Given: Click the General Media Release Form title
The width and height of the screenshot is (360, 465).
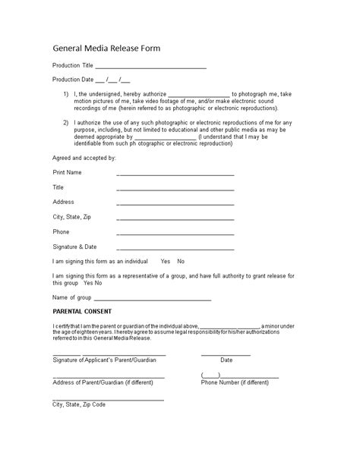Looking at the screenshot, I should coord(106,48).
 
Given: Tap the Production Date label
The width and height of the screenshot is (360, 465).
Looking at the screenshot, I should coord(73,79).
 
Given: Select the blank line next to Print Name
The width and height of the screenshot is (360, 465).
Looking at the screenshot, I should coord(175,174).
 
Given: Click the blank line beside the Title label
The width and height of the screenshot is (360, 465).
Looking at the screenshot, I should coord(175,189).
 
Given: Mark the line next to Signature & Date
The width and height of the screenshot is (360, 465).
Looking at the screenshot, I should coord(175,248).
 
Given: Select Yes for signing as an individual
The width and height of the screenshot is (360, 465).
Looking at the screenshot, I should coord(166,261).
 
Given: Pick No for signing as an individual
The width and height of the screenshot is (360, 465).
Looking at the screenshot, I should coord(181,261).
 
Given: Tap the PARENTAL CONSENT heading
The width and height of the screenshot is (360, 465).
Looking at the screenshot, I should coord(82,312).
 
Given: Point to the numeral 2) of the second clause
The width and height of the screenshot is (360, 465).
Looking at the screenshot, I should coord(67,121).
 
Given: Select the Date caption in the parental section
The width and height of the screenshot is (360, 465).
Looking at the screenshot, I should coord(226,360).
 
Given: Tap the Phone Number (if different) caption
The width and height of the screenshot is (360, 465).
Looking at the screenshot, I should coord(235,382).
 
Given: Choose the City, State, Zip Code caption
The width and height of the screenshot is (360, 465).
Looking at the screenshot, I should coord(79,404).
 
